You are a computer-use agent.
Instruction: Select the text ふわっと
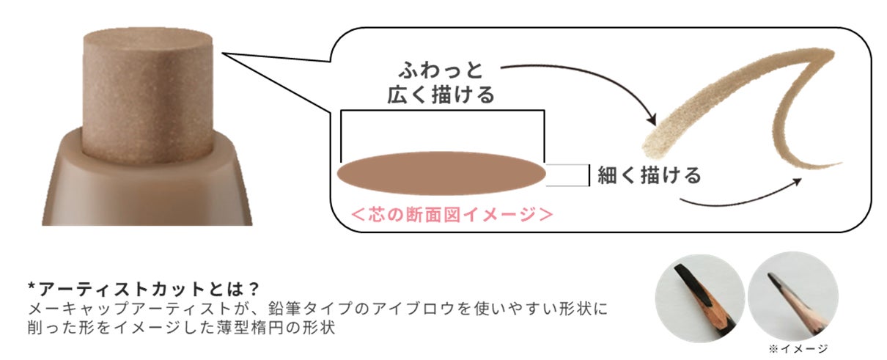pyautogui.click(x=441, y=70)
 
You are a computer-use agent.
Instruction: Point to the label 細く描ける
pyautogui.click(x=649, y=175)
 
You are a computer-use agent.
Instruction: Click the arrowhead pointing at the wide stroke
pyautogui.click(x=650, y=120)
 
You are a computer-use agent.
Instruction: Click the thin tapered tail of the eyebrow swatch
pyautogui.click(x=806, y=161)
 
